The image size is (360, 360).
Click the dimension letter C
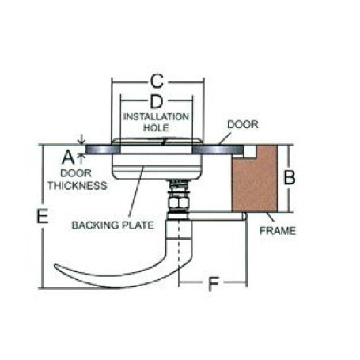tap(157, 81)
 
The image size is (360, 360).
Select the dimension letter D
tap(157, 101)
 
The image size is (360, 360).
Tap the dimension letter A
tap(68, 157)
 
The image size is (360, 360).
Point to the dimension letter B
tap(290, 177)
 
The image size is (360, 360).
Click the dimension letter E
tap(43, 216)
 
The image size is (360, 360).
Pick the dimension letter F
tap(214, 284)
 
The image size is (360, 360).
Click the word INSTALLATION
tap(156, 117)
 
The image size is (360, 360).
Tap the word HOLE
tap(156, 128)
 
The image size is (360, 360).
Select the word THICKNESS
tap(78, 186)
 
